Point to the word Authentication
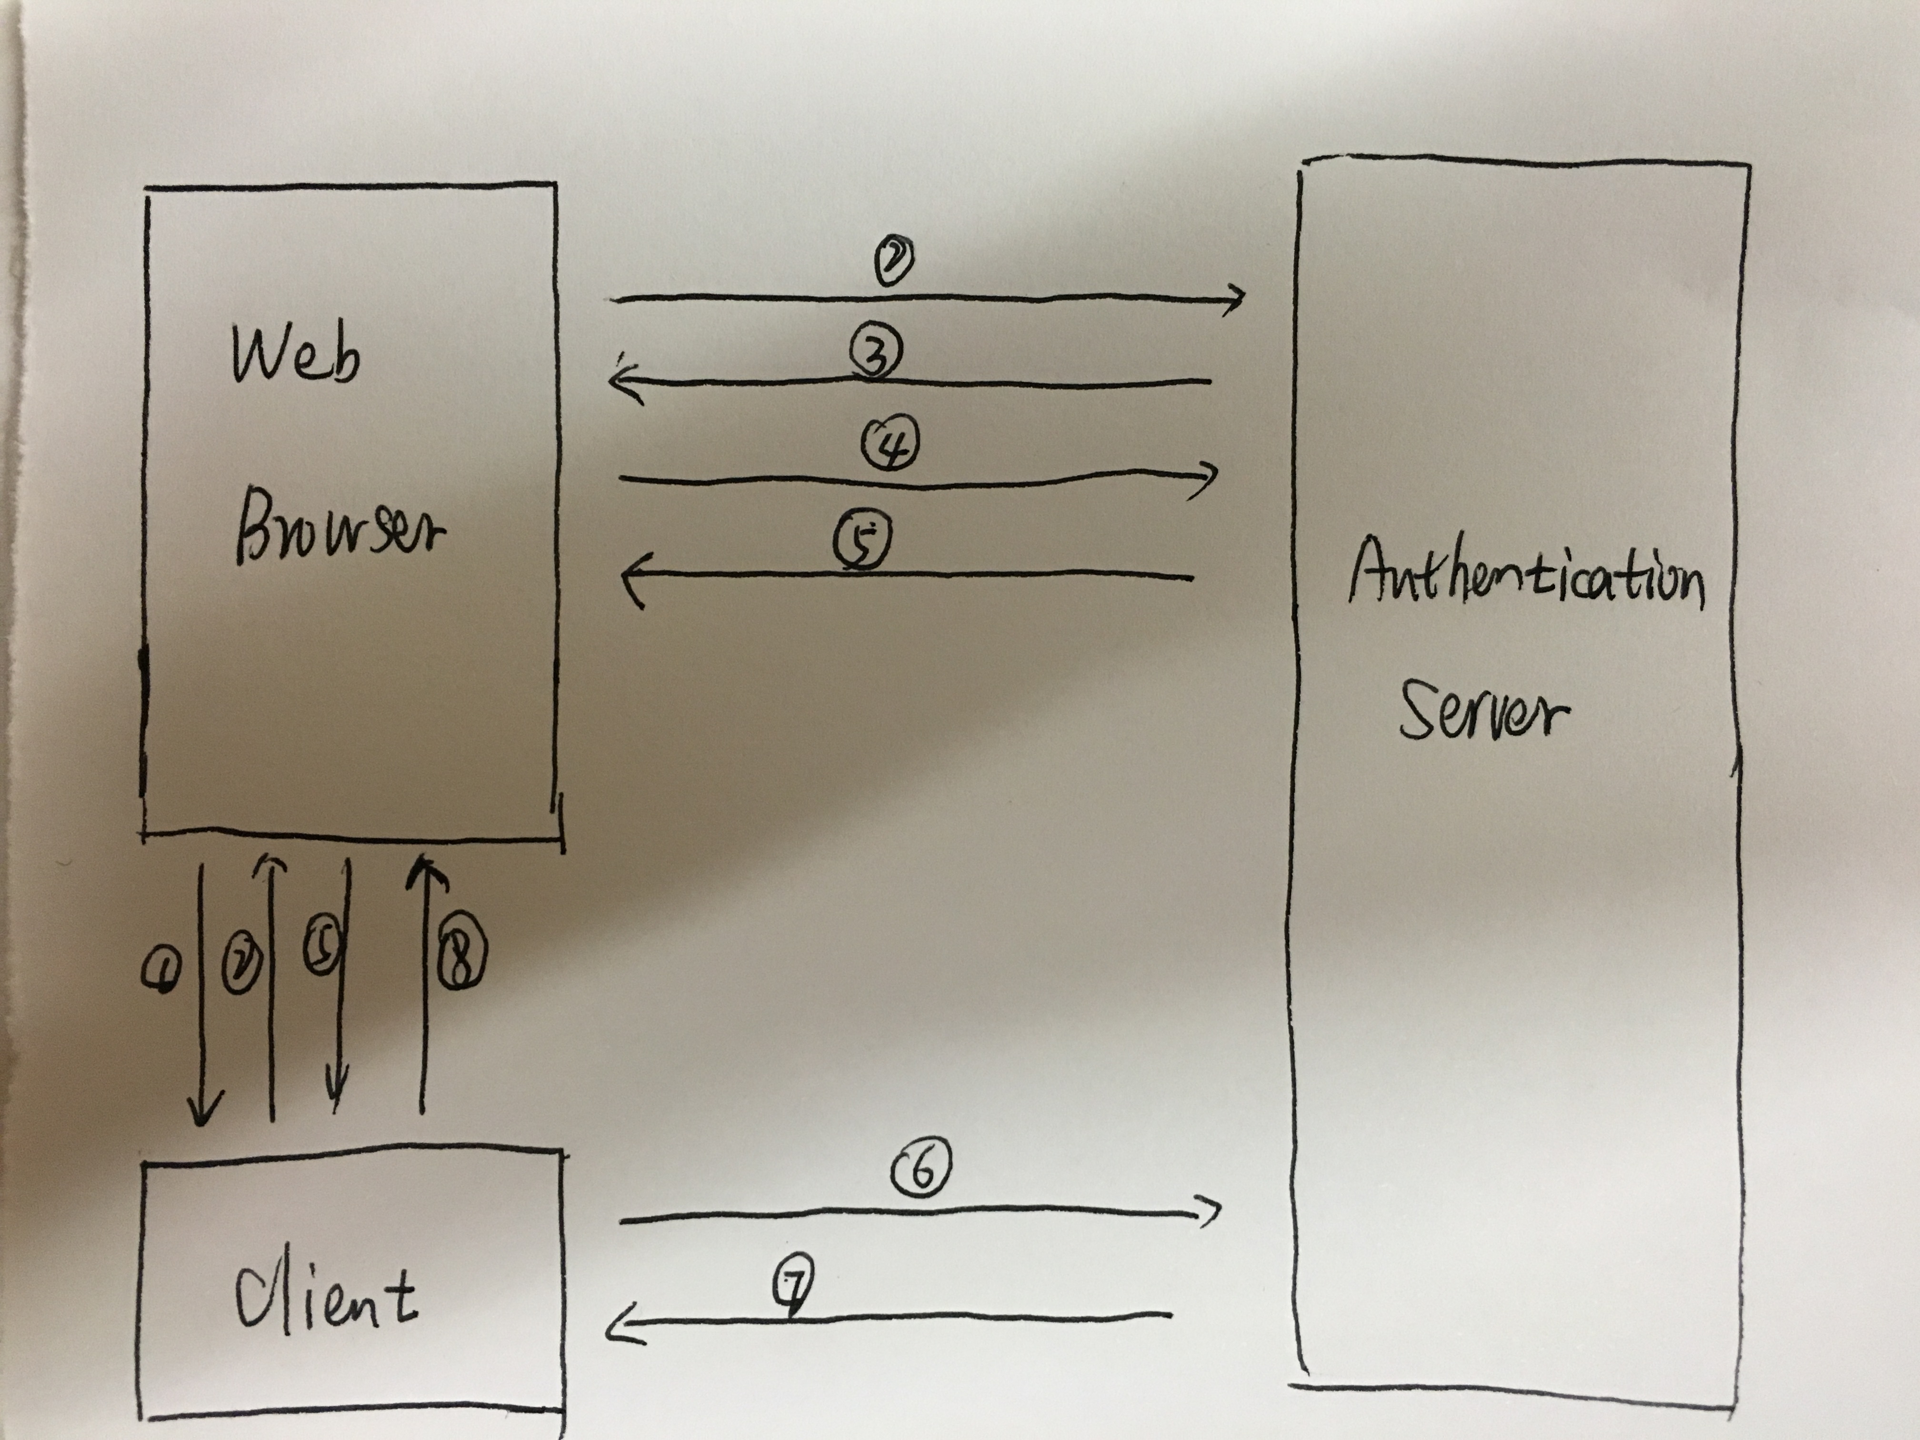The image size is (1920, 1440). [1526, 573]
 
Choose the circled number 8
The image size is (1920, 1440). [460, 955]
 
